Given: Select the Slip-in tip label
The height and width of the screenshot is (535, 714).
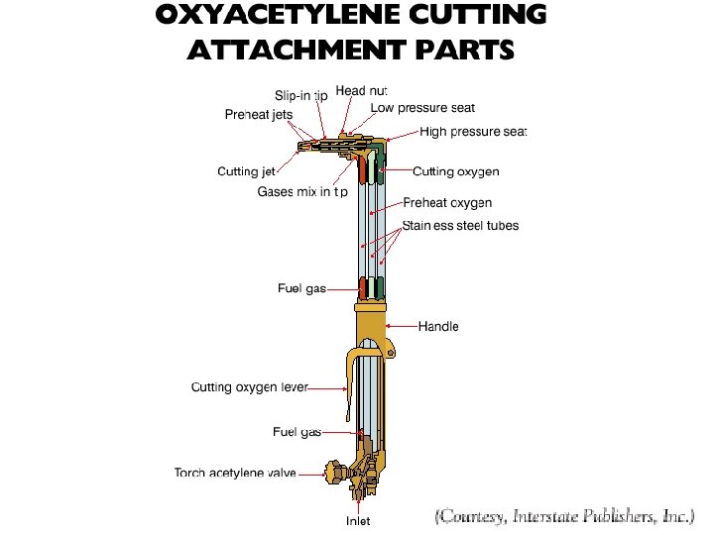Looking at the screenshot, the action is point(300,95).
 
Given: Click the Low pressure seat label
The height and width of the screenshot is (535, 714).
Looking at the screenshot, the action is point(423,107).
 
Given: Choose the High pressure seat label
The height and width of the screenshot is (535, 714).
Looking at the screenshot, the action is point(473,132).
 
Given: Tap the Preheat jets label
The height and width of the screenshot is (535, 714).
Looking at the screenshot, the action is point(259,114).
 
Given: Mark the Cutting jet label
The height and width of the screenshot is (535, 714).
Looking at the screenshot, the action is point(246,171).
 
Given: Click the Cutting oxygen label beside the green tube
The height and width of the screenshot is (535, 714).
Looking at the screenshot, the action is point(456,171).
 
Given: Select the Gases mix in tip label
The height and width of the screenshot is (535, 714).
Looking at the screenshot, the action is point(302,191).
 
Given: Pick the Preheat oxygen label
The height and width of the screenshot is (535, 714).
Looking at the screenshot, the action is point(447,203).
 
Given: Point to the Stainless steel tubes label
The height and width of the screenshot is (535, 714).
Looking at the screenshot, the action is point(460,226).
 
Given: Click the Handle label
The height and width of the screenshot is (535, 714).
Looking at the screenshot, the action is point(438,326).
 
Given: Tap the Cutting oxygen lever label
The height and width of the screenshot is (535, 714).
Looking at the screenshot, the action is point(250,386).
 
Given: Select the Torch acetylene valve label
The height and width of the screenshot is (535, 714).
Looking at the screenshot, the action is point(235,473).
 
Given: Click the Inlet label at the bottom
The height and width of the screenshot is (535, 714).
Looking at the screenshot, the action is point(358,521).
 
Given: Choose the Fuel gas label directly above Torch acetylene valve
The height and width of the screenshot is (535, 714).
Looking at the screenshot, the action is point(297,432).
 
